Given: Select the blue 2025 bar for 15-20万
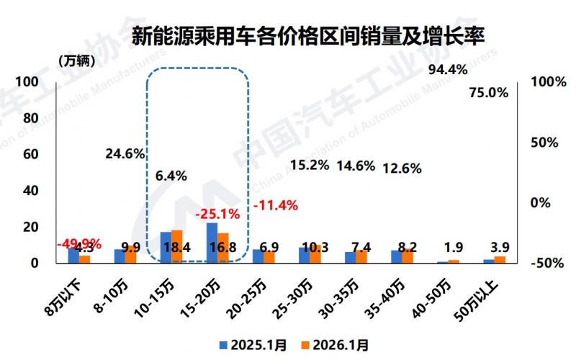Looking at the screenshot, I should click(x=212, y=243).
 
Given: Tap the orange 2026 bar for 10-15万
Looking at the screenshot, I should click(x=177, y=246).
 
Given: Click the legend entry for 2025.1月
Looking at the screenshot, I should click(x=252, y=345).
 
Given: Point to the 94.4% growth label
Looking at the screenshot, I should click(x=448, y=70).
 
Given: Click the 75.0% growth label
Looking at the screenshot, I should click(x=488, y=92).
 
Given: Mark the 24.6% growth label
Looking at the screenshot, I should click(x=125, y=153).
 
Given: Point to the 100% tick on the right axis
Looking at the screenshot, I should click(x=547, y=82).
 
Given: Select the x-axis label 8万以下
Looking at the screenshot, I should click(x=67, y=296).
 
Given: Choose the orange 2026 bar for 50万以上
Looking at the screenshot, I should click(x=500, y=259).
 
